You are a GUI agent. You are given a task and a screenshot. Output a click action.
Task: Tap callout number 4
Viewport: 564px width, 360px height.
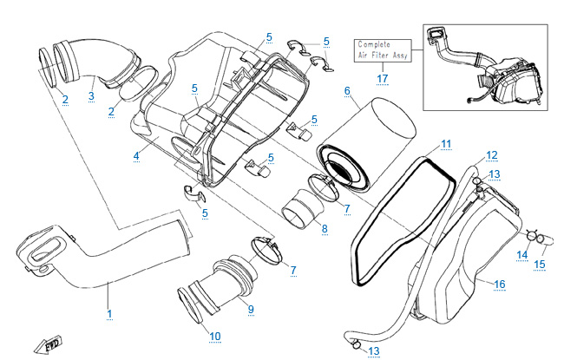pyautogui.click(x=136, y=156)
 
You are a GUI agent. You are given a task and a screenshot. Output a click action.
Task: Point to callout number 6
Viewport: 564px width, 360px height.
pyautogui.click(x=347, y=91)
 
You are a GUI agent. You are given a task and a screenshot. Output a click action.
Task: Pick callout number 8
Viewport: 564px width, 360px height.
pyautogui.click(x=325, y=229)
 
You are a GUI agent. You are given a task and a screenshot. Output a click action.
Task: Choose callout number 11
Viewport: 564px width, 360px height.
pyautogui.click(x=445, y=143)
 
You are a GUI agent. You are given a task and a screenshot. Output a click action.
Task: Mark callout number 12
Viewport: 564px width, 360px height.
pyautogui.click(x=491, y=155)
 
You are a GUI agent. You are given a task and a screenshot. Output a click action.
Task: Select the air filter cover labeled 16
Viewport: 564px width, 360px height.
pyautogui.click(x=460, y=252)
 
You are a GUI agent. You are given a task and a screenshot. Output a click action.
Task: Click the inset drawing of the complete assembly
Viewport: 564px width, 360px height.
pyautogui.click(x=490, y=67)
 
